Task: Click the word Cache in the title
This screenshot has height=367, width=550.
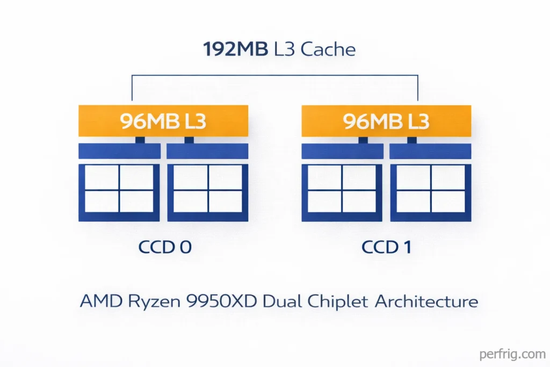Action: click(x=328, y=50)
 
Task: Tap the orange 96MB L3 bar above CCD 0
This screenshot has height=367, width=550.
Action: click(x=163, y=121)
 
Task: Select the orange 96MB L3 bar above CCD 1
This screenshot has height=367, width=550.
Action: click(x=386, y=121)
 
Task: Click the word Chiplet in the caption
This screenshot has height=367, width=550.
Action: click(x=339, y=301)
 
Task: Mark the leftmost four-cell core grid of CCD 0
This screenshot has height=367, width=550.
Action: click(x=119, y=192)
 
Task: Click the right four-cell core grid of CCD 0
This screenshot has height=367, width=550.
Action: click(x=208, y=192)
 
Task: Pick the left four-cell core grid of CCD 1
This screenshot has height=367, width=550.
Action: click(x=342, y=192)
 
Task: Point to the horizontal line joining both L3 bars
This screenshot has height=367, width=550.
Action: click(x=275, y=75)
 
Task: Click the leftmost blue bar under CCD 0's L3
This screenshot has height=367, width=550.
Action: click(x=119, y=151)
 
